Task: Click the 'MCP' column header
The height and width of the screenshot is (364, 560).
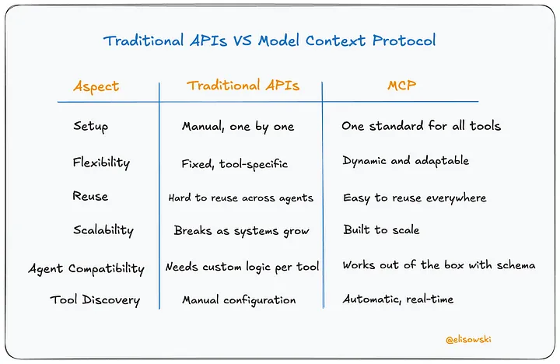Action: point(401,86)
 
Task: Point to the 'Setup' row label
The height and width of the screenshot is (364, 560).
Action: point(91,127)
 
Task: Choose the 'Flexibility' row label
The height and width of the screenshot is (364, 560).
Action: point(101,163)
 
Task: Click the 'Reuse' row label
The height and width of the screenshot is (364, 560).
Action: point(91,197)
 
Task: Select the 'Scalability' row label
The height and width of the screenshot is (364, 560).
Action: point(103,230)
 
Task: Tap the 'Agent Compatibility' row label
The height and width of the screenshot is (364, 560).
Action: point(86,268)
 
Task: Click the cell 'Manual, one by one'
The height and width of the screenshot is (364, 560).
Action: point(238,127)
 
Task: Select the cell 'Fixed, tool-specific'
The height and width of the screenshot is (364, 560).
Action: point(235,164)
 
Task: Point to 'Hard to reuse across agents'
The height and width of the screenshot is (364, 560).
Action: point(241,198)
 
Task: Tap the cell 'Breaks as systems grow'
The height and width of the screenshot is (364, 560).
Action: point(241,231)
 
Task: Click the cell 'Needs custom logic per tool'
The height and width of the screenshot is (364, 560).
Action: point(242,267)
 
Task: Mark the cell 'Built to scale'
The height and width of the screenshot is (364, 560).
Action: point(381,230)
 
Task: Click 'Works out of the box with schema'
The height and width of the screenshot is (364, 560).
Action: point(439,265)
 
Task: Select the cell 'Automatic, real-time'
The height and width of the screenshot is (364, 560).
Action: point(398,299)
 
